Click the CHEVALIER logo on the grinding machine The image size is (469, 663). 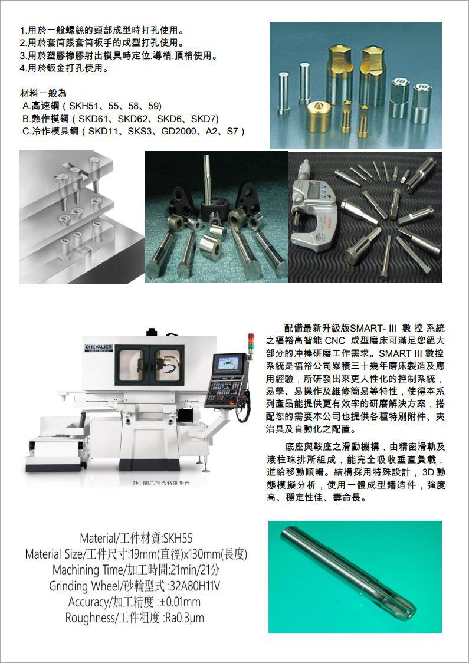[99, 348]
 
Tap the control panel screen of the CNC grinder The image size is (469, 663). [228, 363]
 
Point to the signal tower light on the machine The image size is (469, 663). [251, 343]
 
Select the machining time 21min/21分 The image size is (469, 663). [195, 570]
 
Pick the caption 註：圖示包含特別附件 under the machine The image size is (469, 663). [162, 483]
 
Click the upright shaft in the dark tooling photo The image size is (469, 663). [207, 179]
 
